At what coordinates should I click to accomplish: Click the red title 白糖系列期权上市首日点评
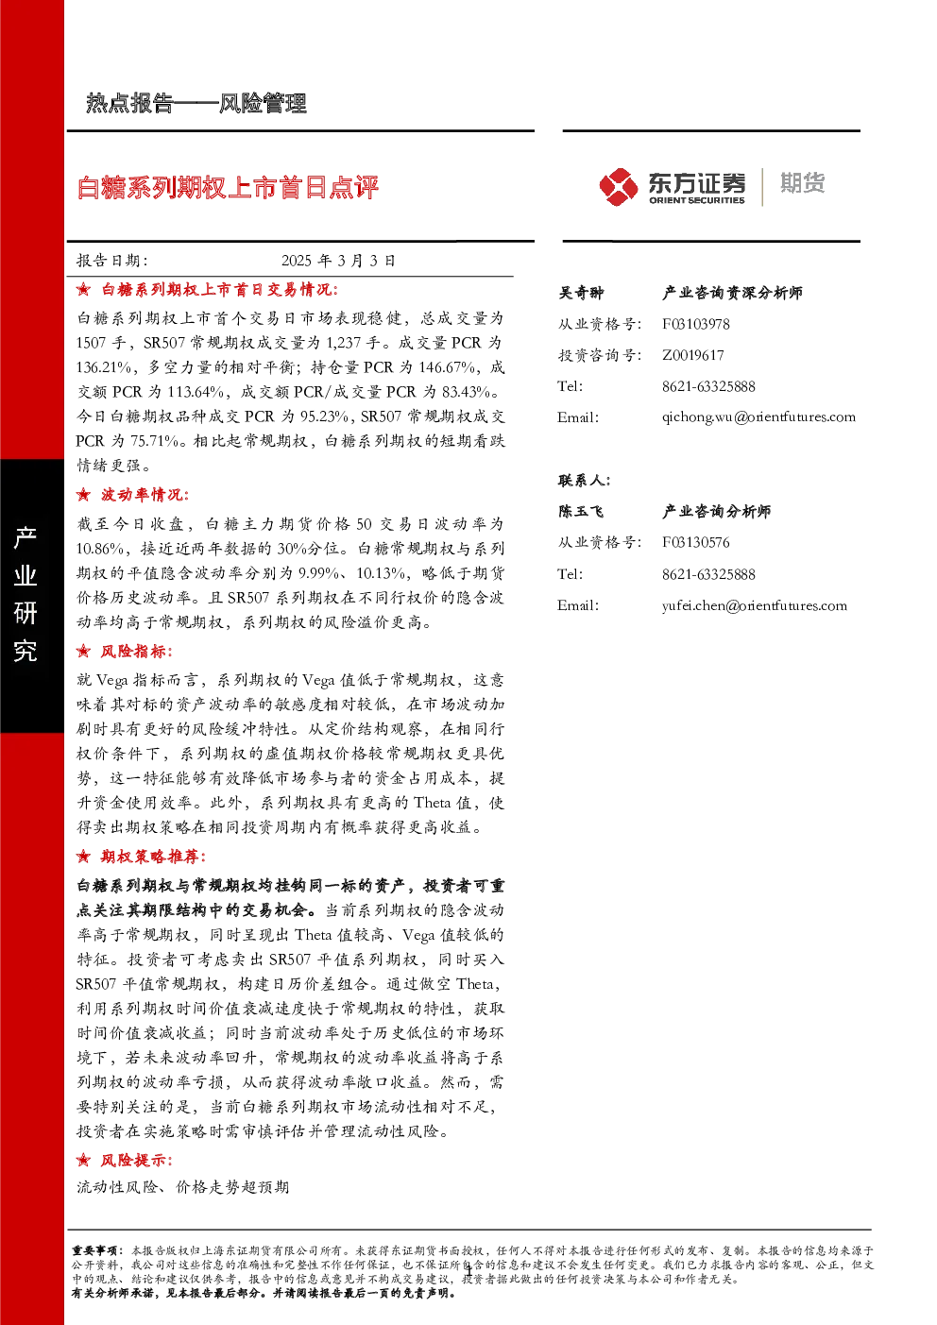(x=228, y=188)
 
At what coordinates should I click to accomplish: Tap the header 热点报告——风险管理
(x=196, y=103)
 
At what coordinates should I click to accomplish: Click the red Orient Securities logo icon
(x=618, y=187)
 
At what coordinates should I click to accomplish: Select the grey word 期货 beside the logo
(x=802, y=183)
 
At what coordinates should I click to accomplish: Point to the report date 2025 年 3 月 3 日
(x=338, y=261)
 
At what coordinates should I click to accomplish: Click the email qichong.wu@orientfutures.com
(x=758, y=417)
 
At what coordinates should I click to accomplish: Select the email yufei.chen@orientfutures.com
(x=754, y=605)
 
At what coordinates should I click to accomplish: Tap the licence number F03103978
(x=695, y=324)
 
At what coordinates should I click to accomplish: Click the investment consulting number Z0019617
(x=692, y=355)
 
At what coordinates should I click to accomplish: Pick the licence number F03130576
(x=695, y=542)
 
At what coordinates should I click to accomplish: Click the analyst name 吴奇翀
(x=581, y=293)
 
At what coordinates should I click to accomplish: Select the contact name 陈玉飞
(x=581, y=511)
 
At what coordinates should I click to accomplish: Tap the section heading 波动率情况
(x=145, y=495)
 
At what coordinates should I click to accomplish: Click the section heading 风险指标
(x=136, y=652)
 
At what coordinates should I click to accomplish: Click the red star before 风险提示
(x=83, y=1161)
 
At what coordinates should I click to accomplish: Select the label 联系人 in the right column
(x=584, y=481)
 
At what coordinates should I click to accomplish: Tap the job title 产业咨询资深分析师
(x=732, y=293)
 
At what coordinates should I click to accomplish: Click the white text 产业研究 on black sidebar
(x=26, y=594)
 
